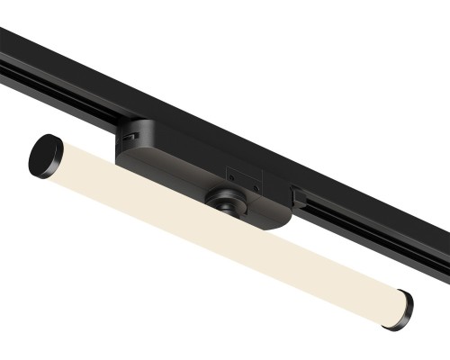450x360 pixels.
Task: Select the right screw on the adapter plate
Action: [x=256, y=188]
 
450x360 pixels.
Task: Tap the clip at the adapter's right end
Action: [x=294, y=193]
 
